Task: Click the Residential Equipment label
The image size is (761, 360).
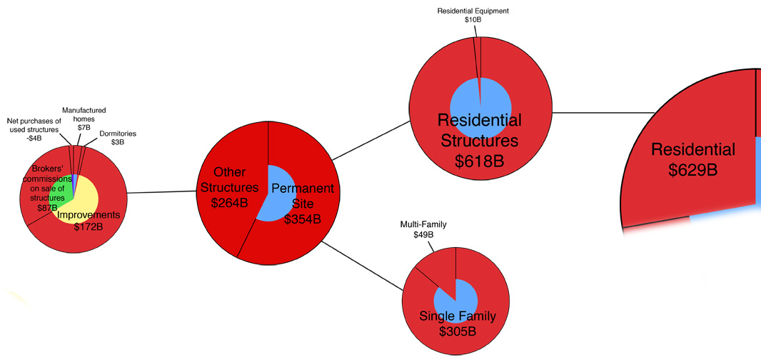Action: point(472,11)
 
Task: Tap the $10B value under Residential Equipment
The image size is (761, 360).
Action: point(473,21)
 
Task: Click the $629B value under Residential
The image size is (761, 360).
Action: point(693,170)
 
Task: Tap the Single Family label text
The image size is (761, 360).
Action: point(457,316)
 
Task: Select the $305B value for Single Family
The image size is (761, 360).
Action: point(457,331)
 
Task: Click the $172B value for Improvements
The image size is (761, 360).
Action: point(89,227)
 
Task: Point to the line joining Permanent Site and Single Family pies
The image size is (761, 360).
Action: point(363,266)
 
